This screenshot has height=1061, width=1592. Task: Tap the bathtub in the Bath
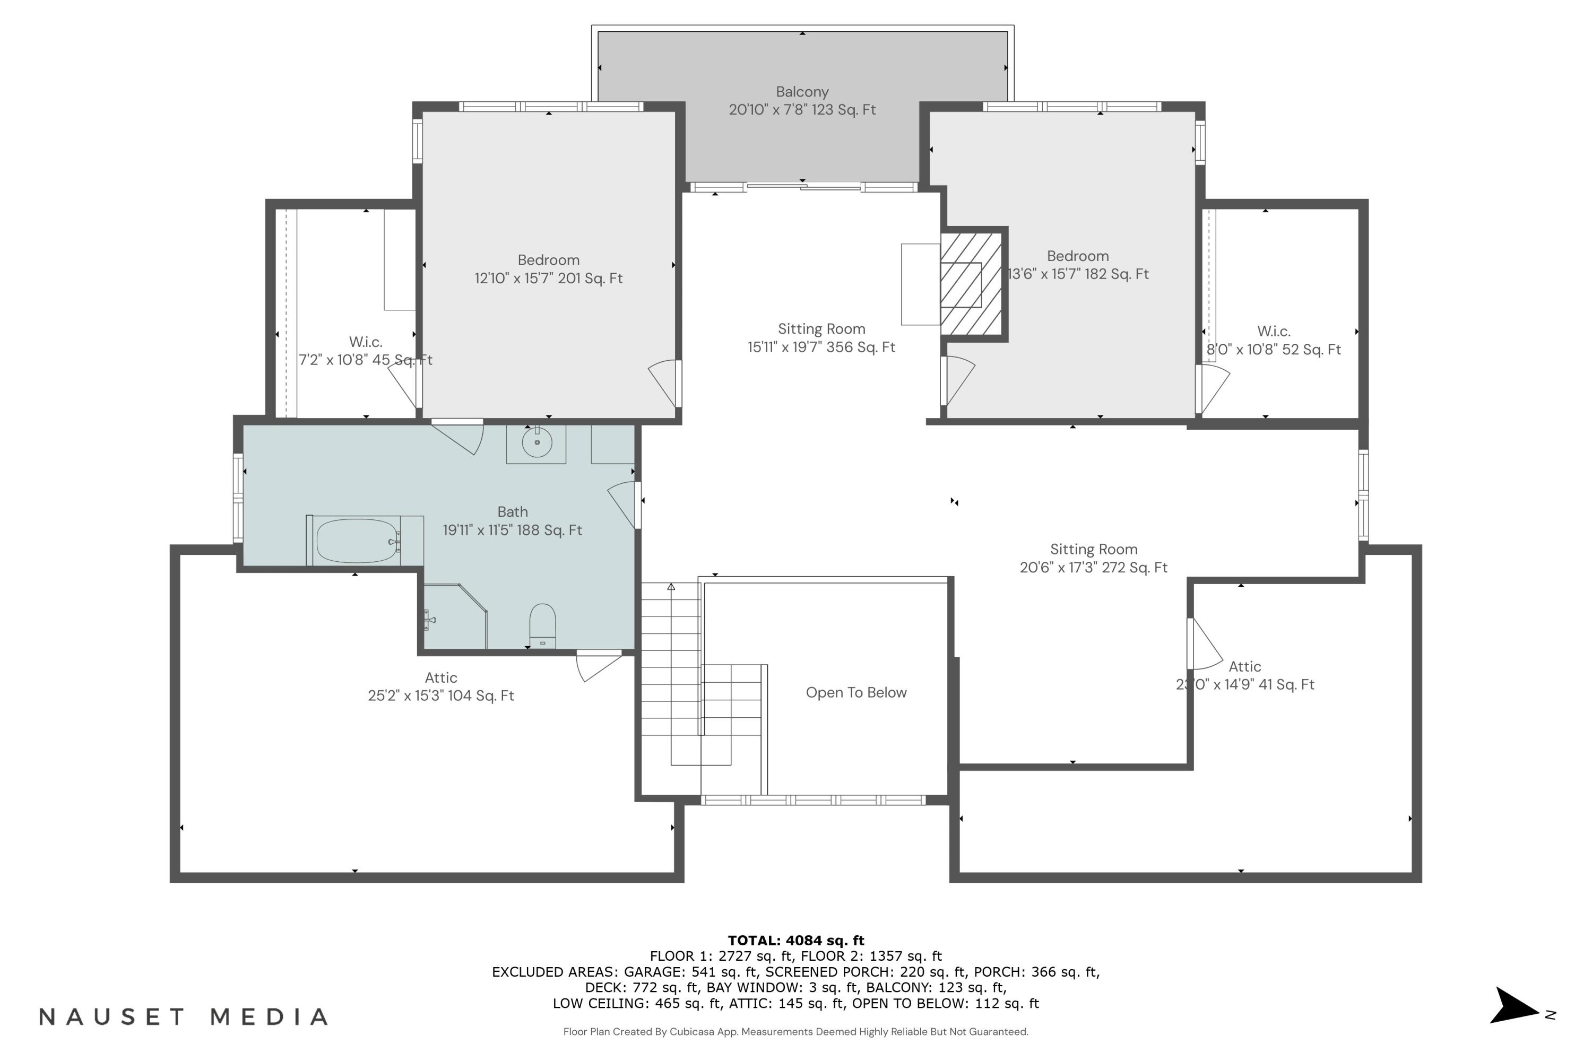point(356,541)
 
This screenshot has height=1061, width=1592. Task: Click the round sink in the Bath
point(537,442)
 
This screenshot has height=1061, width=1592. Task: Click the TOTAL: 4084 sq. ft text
point(795,940)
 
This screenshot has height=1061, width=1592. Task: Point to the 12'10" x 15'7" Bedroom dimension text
point(548,278)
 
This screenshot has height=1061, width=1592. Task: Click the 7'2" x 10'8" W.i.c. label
point(366,351)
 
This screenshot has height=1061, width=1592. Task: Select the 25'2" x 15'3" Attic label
point(440,687)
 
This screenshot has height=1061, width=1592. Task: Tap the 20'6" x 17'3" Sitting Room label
point(1093,558)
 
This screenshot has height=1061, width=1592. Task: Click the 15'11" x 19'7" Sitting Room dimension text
point(821,347)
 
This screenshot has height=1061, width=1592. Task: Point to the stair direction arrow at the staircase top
point(671,587)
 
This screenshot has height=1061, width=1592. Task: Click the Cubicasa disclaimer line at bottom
point(795,1032)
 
